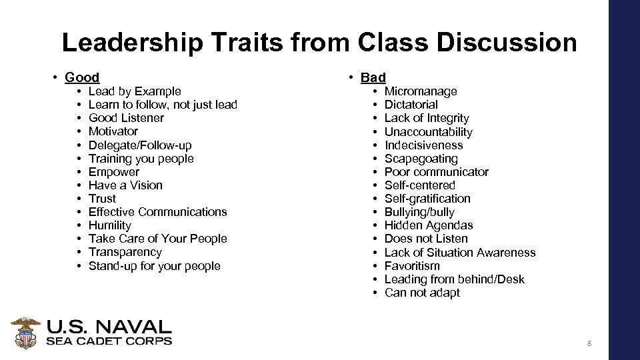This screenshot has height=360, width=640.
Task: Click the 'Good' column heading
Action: coord(82,78)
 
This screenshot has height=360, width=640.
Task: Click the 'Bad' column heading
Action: coord(373,78)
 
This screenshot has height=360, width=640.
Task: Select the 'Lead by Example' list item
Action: coord(135,91)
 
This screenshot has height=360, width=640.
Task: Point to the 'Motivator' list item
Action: coord(113,131)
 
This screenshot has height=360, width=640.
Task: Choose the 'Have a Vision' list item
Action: coord(125,185)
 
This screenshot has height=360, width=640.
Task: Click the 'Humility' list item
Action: coord(110,225)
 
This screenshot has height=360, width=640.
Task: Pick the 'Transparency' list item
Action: coord(125,252)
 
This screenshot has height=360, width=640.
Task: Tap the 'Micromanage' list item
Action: coord(421,91)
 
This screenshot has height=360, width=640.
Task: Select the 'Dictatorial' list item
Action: coord(411,105)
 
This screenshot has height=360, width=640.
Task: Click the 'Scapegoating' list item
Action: coord(421,159)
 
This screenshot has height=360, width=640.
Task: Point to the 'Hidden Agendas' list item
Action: coord(429,225)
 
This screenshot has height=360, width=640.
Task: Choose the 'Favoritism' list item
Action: coord(412,266)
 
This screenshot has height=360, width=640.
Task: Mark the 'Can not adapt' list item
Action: coord(422,293)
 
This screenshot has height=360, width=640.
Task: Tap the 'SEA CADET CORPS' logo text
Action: coord(109,341)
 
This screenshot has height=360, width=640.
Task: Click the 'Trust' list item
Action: coord(102,199)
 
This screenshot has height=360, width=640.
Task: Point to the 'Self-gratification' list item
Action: coord(427,199)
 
